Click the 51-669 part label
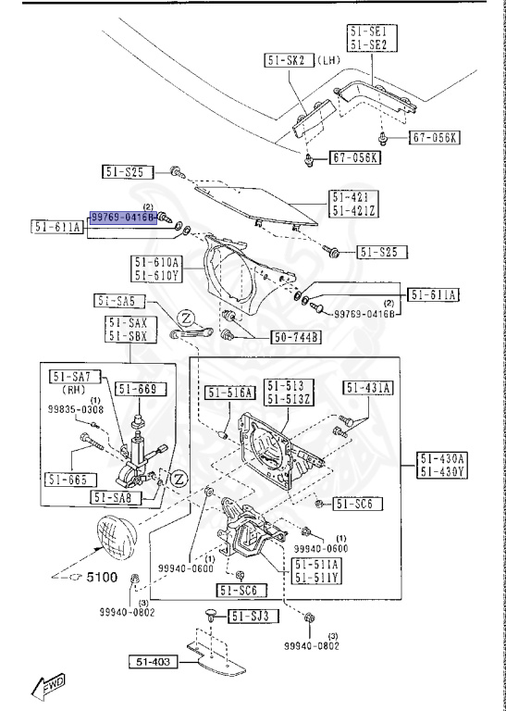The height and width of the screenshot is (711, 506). (135, 390)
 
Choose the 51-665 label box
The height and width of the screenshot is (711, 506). (70, 479)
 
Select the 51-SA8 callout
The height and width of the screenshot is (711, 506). (116, 497)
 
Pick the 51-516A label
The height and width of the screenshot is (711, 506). (228, 393)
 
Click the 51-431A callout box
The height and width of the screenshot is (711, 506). (369, 387)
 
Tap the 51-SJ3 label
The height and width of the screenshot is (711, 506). (250, 616)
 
